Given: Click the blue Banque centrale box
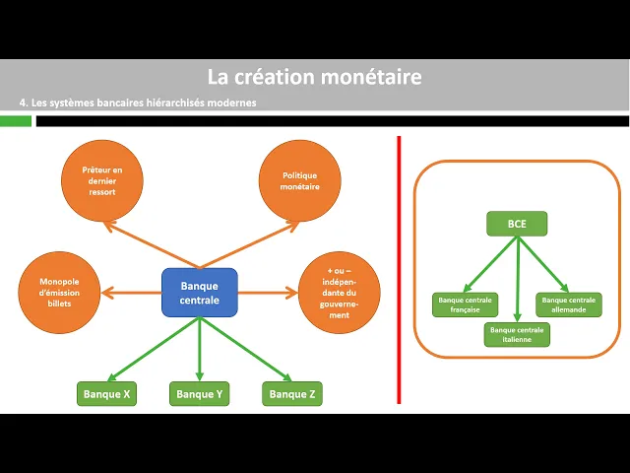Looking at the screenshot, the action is [x=200, y=293].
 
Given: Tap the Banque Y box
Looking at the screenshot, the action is [x=200, y=394].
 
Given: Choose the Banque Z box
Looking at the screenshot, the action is [x=292, y=394].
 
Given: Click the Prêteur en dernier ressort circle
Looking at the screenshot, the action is [x=101, y=180].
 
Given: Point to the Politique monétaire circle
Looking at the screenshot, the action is [x=298, y=180].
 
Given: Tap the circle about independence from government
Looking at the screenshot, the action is [x=339, y=293].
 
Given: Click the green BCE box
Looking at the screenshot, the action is [x=517, y=224].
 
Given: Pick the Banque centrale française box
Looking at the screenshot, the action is [x=465, y=304].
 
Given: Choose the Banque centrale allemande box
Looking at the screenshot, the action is [x=568, y=304].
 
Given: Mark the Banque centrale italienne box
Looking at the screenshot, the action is [x=517, y=334].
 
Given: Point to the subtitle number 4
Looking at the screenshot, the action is [x=23, y=102].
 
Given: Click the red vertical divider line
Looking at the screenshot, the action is [x=399, y=269].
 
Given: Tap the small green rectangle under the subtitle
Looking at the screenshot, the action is [x=16, y=121].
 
